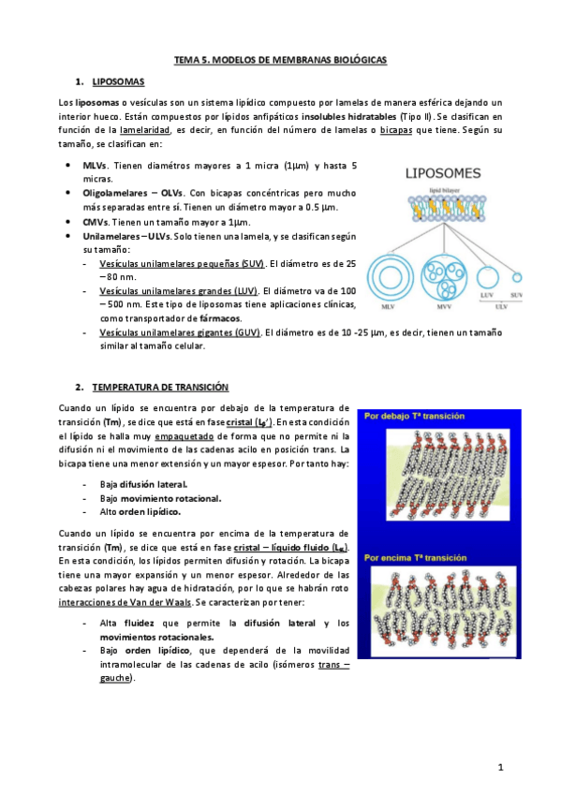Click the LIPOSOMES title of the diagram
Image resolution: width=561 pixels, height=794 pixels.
pos(443,173)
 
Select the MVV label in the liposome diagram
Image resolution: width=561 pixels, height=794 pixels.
pos(443,306)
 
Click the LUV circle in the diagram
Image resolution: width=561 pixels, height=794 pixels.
pos(487,277)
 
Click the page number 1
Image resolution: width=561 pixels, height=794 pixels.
pos(501,768)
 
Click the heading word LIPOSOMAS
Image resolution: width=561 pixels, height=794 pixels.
pos(118,82)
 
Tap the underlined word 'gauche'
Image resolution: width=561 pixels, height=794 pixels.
pos(114,678)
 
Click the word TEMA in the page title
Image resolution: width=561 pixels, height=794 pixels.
pos(186,59)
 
